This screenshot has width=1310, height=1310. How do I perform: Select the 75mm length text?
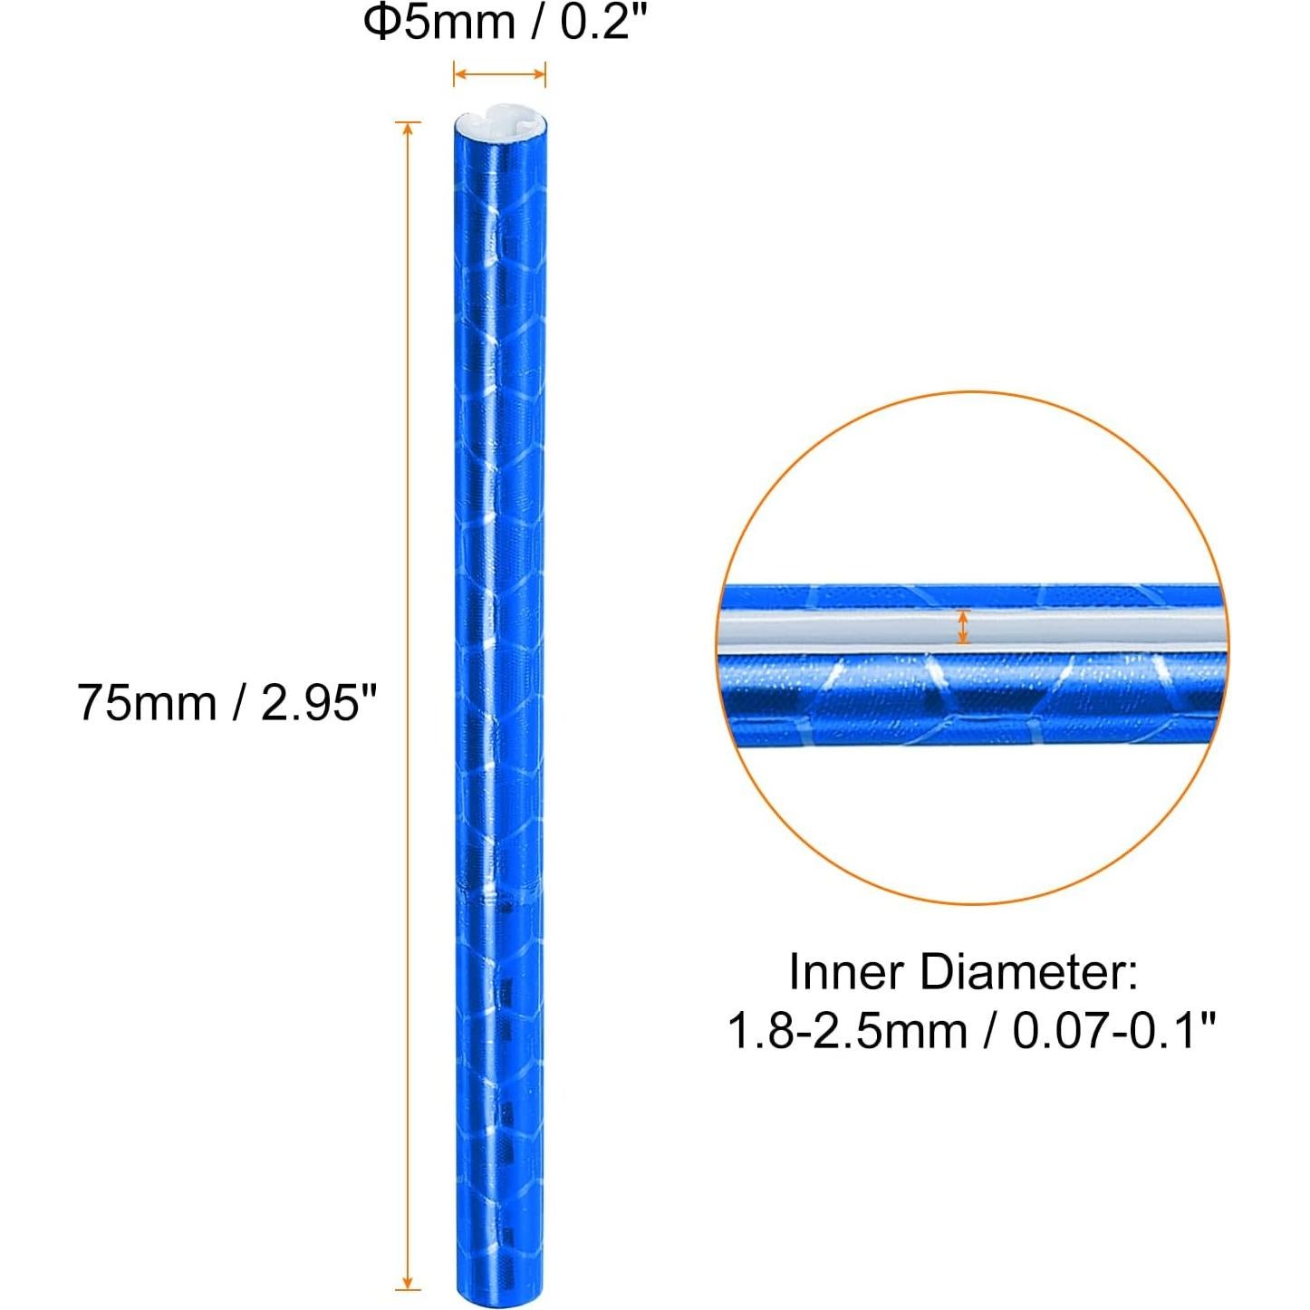146,702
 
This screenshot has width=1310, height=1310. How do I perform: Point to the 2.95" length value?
318,702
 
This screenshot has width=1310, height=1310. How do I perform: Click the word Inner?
846,972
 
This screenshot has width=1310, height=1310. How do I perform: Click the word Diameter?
1028,972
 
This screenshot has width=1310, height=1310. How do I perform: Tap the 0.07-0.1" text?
1113,1031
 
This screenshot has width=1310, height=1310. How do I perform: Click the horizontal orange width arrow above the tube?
499,74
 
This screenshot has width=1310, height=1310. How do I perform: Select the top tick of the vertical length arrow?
408,122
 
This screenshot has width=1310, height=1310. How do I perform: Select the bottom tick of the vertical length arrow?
408,1288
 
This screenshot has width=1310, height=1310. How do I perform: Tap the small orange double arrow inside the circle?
963,627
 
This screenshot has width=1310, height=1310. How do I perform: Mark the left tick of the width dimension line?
454,74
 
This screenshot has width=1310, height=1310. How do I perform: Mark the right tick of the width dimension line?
545,74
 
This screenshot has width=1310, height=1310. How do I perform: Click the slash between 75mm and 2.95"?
238,702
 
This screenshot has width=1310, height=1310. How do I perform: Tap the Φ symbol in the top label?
381,22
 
